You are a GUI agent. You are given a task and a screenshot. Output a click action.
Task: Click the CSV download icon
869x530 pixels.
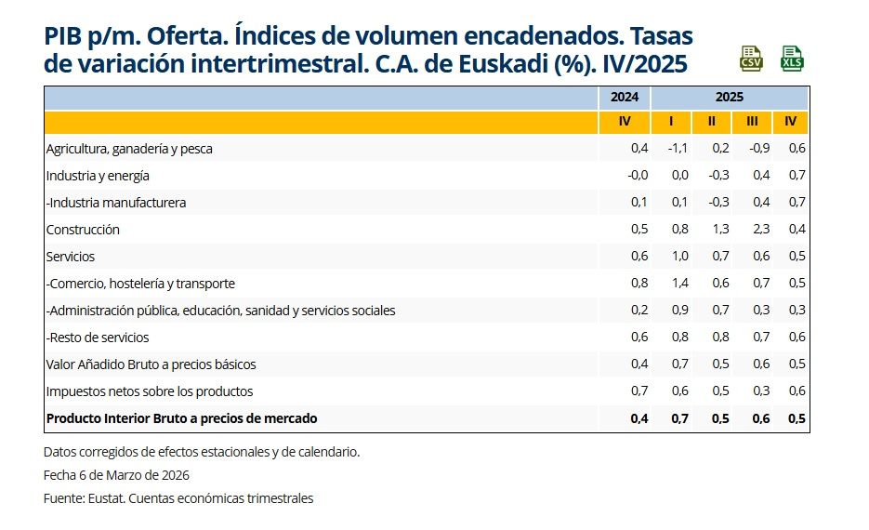coord(751,59)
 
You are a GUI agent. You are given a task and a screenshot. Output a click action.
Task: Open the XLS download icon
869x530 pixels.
coord(792,59)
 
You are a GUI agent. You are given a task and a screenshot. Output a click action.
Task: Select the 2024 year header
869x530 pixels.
coord(624,97)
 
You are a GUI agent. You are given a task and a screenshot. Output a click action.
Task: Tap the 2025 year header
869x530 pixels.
coord(730,97)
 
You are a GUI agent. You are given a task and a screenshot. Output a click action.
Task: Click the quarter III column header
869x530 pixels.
coord(751,122)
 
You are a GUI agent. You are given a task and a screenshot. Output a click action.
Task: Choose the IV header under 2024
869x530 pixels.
coord(625,122)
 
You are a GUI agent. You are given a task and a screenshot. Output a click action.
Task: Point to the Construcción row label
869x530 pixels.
coord(83,230)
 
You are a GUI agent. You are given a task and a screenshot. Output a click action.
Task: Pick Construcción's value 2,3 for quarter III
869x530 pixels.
coord(750,230)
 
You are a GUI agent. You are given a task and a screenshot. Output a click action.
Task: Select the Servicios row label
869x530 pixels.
coord(71,257)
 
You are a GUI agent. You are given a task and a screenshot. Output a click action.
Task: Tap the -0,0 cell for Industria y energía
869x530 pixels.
coord(637,176)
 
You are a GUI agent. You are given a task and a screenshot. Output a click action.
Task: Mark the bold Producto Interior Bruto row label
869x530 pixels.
coord(181,418)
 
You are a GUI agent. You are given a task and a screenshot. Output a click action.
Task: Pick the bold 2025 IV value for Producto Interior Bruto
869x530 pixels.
coord(796,418)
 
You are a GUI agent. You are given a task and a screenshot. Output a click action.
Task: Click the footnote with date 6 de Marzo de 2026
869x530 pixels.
coord(116,475)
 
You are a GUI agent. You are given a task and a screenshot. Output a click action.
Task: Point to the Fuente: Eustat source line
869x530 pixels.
coord(178,498)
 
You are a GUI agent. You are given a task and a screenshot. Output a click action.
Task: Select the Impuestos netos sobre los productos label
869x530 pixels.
coord(149,391)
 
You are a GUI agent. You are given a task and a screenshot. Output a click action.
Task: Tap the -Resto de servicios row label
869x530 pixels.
coord(98,338)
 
